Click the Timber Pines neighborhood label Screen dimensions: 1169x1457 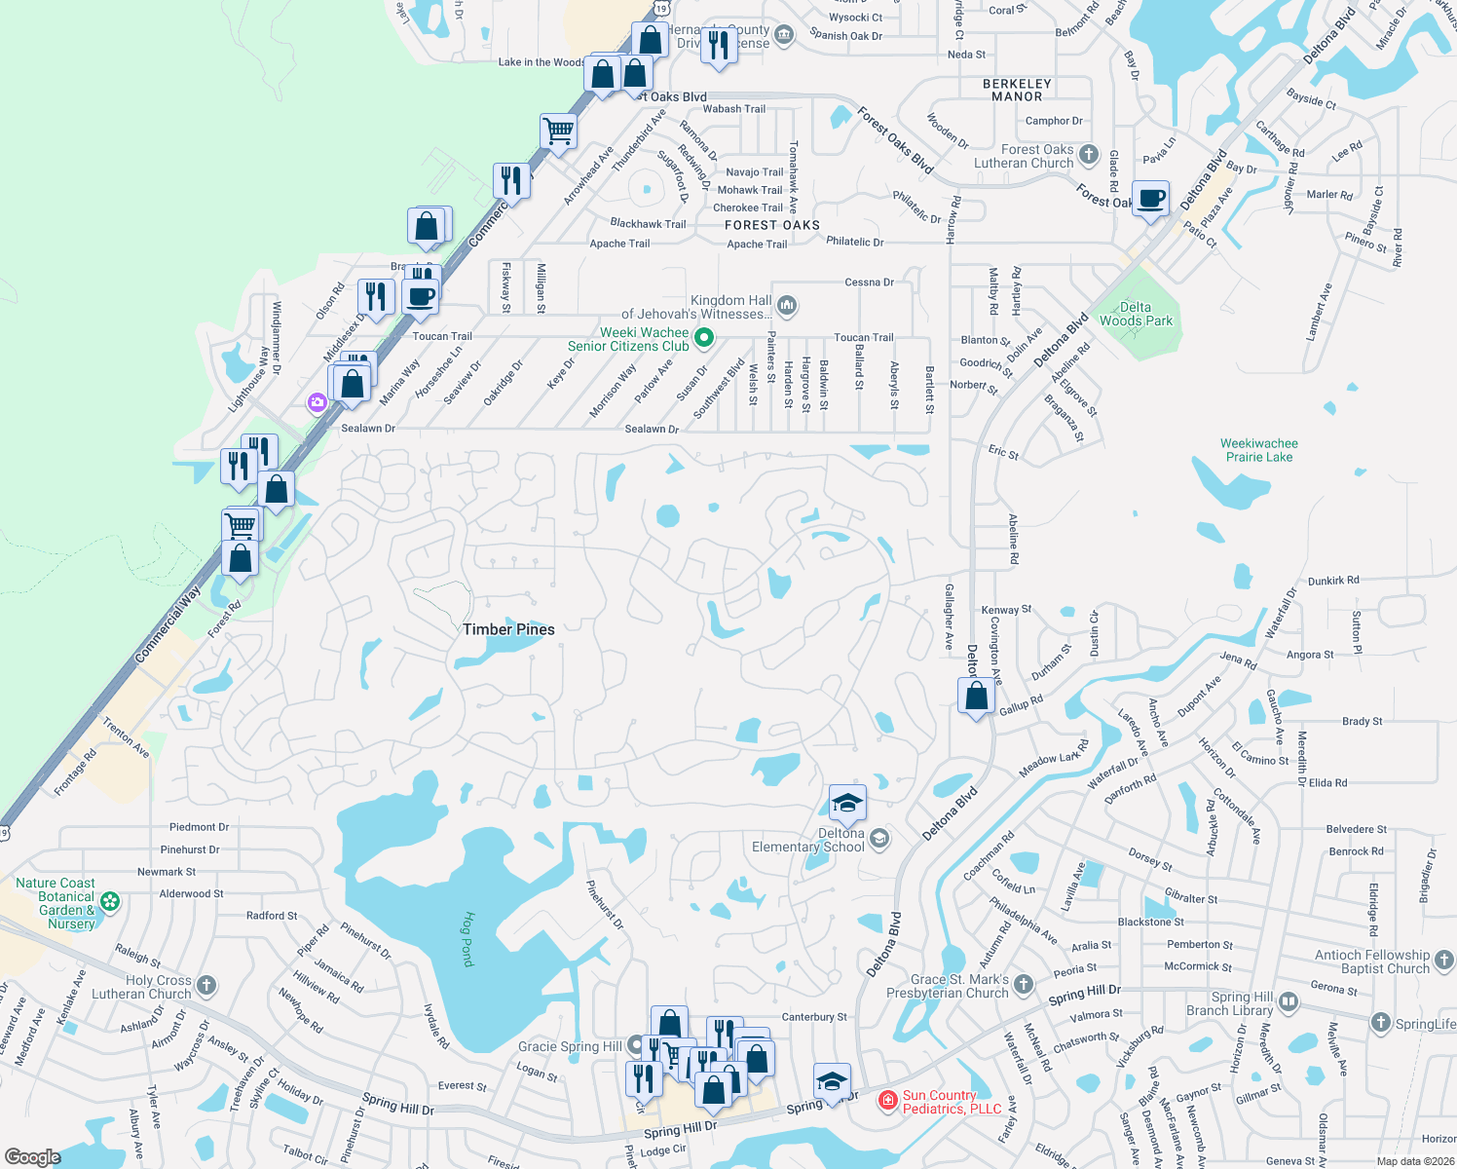point(508,629)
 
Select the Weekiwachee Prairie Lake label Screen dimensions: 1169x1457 point(1258,450)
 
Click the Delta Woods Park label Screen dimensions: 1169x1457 point(1136,314)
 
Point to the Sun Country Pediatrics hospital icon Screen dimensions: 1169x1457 point(887,1101)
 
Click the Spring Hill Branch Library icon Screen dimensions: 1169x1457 point(1289,1001)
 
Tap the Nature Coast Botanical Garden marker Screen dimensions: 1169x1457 point(110,902)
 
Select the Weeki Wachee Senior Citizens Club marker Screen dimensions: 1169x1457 point(704,338)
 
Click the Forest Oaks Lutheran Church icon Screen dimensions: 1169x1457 point(1089,155)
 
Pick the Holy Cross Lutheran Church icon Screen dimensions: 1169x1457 point(206,985)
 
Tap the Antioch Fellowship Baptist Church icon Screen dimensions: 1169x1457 point(1444,961)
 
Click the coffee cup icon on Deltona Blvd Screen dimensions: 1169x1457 point(1151,198)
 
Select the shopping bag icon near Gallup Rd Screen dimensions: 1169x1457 point(976,696)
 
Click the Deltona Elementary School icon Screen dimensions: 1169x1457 point(879,839)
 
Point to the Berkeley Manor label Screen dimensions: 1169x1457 point(1017,91)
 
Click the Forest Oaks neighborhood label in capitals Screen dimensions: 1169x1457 point(772,225)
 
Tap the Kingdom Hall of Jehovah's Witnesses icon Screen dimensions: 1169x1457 point(787,306)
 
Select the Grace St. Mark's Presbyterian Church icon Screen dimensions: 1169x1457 point(1023,984)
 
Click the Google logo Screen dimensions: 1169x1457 point(32,1157)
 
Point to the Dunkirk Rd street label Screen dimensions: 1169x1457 point(1333,581)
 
